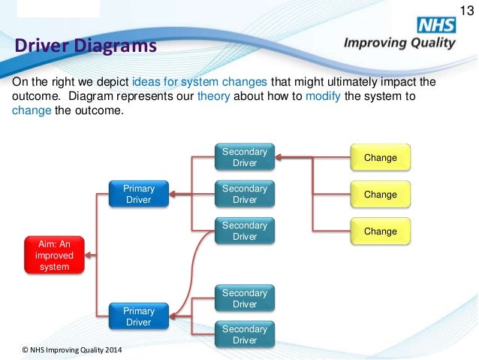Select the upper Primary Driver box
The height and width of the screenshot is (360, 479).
pyautogui.click(x=138, y=194)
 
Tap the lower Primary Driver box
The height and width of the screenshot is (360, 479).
pyautogui.click(x=138, y=316)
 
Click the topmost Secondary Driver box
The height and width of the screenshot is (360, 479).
pyautogui.click(x=245, y=157)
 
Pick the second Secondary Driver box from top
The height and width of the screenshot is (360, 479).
pyautogui.click(x=245, y=194)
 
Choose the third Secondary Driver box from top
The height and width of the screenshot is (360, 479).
pyautogui.click(x=245, y=231)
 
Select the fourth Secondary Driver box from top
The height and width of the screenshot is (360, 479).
pyautogui.click(x=245, y=298)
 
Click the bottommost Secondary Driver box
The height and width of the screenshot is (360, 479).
pyautogui.click(x=245, y=334)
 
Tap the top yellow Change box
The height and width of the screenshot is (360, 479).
pyautogui.click(x=380, y=158)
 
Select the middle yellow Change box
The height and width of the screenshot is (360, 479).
pyautogui.click(x=380, y=194)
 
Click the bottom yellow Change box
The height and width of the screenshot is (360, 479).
pyautogui.click(x=380, y=231)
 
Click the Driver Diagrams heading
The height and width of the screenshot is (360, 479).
pyautogui.click(x=86, y=47)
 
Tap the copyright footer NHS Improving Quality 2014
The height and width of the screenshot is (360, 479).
pyautogui.click(x=73, y=350)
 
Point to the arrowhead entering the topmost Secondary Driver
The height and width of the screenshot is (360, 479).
pyautogui.click(x=278, y=158)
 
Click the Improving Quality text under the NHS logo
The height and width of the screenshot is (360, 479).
pyautogui.click(x=399, y=43)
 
